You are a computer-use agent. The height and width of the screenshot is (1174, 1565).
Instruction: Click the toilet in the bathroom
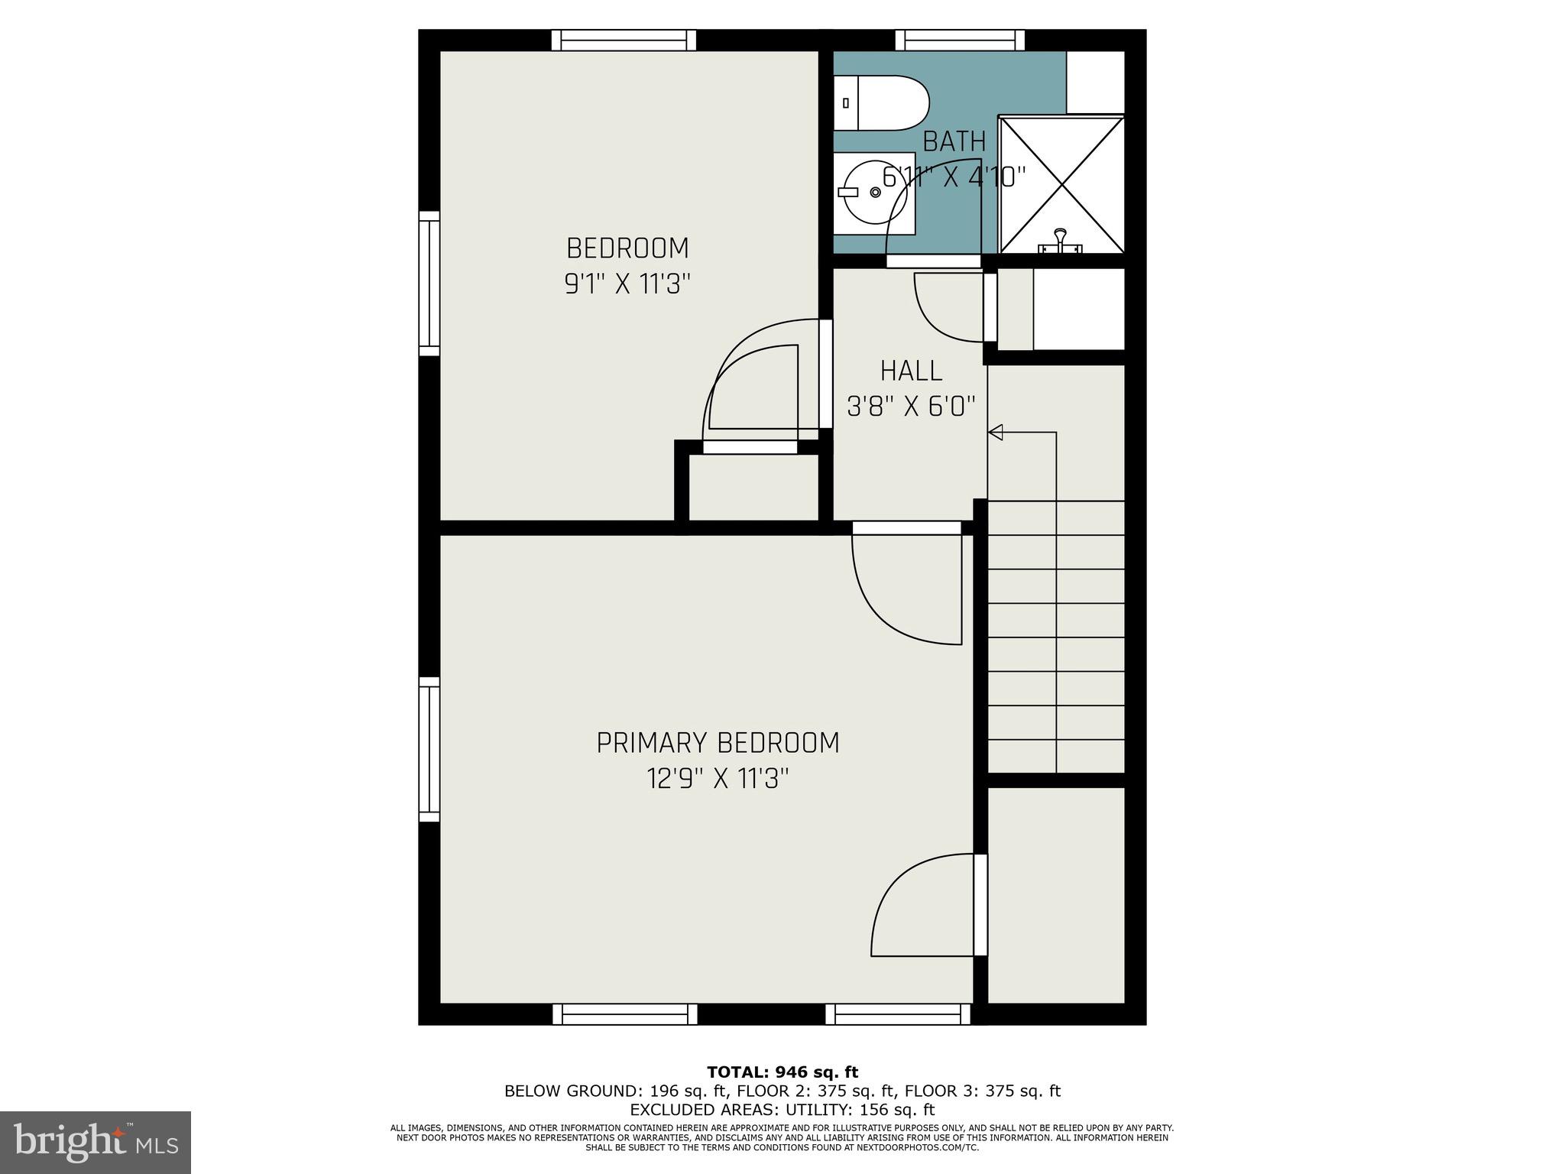tap(883, 103)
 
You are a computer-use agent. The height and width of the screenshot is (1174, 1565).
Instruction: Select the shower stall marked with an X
tap(1061, 183)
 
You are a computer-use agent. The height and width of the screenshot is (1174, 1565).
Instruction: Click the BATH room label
tap(954, 142)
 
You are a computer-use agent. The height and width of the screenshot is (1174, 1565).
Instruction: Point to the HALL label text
tap(911, 371)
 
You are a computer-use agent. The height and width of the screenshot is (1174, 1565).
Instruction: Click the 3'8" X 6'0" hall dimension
tap(911, 407)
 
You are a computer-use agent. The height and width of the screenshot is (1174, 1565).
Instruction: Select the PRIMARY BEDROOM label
tap(718, 743)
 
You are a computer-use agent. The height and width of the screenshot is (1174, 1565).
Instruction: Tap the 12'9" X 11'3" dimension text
tap(718, 780)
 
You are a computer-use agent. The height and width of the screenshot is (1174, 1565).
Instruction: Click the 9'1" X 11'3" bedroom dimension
tap(627, 285)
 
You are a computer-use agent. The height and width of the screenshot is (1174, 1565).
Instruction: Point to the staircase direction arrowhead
tap(996, 433)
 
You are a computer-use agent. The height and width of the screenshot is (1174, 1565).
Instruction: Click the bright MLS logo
tap(96, 1143)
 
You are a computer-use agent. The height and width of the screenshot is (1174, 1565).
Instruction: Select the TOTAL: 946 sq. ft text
tap(782, 1072)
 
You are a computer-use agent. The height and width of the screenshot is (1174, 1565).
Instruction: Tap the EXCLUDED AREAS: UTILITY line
tap(782, 1110)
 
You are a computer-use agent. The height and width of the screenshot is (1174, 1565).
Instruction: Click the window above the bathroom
tap(960, 41)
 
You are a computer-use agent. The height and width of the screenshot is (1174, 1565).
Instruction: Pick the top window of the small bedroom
tap(624, 41)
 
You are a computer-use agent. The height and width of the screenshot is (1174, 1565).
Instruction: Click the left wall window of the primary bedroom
tap(429, 750)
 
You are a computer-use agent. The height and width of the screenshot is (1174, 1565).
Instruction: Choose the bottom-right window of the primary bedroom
tap(898, 1014)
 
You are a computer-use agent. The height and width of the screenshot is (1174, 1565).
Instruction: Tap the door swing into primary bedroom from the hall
tap(909, 589)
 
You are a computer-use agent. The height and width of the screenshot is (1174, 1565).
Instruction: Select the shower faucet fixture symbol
tap(1061, 241)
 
